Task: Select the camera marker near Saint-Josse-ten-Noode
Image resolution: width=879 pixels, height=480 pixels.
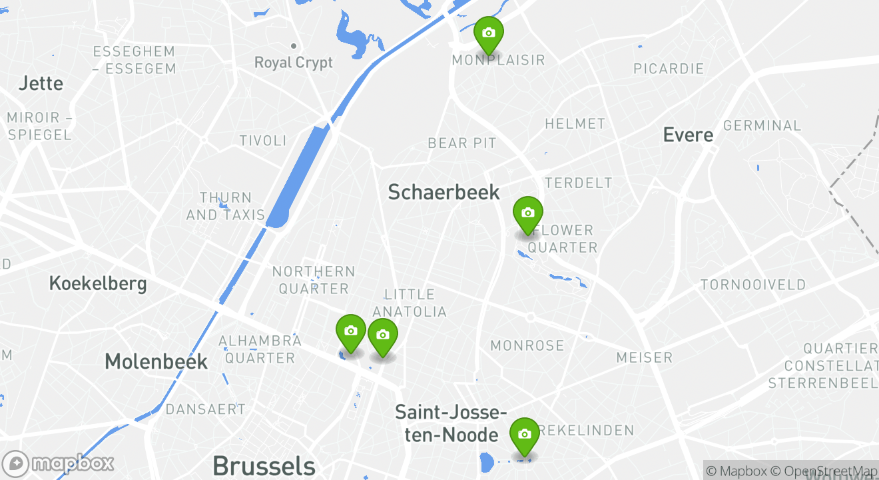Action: click(525, 435)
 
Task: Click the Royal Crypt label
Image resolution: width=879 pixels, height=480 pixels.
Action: click(294, 63)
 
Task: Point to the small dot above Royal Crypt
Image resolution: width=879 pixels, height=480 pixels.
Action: click(293, 46)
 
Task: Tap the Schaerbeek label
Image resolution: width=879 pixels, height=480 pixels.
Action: click(443, 192)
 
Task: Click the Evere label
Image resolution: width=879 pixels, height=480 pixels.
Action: click(688, 135)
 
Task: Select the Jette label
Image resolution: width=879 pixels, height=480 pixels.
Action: click(41, 83)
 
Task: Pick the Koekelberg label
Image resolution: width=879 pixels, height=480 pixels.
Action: click(98, 283)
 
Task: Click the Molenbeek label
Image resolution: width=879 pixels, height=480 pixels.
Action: click(156, 362)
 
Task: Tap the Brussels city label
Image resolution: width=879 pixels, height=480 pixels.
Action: click(264, 465)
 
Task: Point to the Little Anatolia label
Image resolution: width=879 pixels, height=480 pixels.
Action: click(410, 303)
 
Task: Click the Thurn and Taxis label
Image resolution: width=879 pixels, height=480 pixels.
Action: click(226, 206)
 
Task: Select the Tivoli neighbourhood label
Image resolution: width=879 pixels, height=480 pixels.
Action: click(263, 141)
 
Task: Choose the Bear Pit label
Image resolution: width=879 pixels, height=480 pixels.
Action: click(462, 143)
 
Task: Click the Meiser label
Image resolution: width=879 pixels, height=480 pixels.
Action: click(644, 357)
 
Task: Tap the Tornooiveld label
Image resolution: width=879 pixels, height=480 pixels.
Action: click(753, 285)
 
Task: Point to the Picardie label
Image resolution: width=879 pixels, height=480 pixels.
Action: click(669, 69)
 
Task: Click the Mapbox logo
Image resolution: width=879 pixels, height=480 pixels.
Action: click(59, 464)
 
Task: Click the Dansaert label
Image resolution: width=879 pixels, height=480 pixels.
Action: click(206, 409)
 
